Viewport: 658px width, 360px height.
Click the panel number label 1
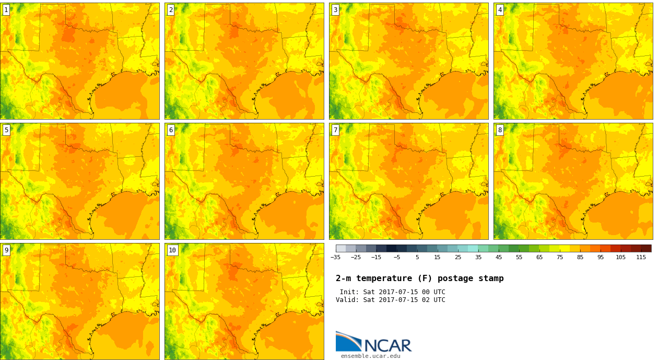(x=6, y=10)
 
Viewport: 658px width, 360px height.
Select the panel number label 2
(x=171, y=10)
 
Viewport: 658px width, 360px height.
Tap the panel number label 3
(x=335, y=10)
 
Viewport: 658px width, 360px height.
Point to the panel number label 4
(x=500, y=10)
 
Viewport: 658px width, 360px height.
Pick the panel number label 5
(x=6, y=130)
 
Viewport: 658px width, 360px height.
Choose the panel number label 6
(x=171, y=130)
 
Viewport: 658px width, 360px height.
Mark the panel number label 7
(x=335, y=130)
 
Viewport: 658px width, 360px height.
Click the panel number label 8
(x=500, y=130)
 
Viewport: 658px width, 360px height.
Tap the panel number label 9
(x=6, y=250)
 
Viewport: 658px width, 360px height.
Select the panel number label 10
(x=172, y=250)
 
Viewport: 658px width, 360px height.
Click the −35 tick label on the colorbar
(x=335, y=258)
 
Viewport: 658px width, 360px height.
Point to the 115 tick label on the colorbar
(x=641, y=258)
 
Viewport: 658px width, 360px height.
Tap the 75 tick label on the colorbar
(x=560, y=258)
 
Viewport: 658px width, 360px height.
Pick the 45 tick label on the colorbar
(x=499, y=258)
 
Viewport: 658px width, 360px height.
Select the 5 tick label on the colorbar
(x=417, y=258)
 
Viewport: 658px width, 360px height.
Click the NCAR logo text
(x=387, y=345)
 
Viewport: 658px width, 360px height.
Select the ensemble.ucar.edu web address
(x=371, y=356)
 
